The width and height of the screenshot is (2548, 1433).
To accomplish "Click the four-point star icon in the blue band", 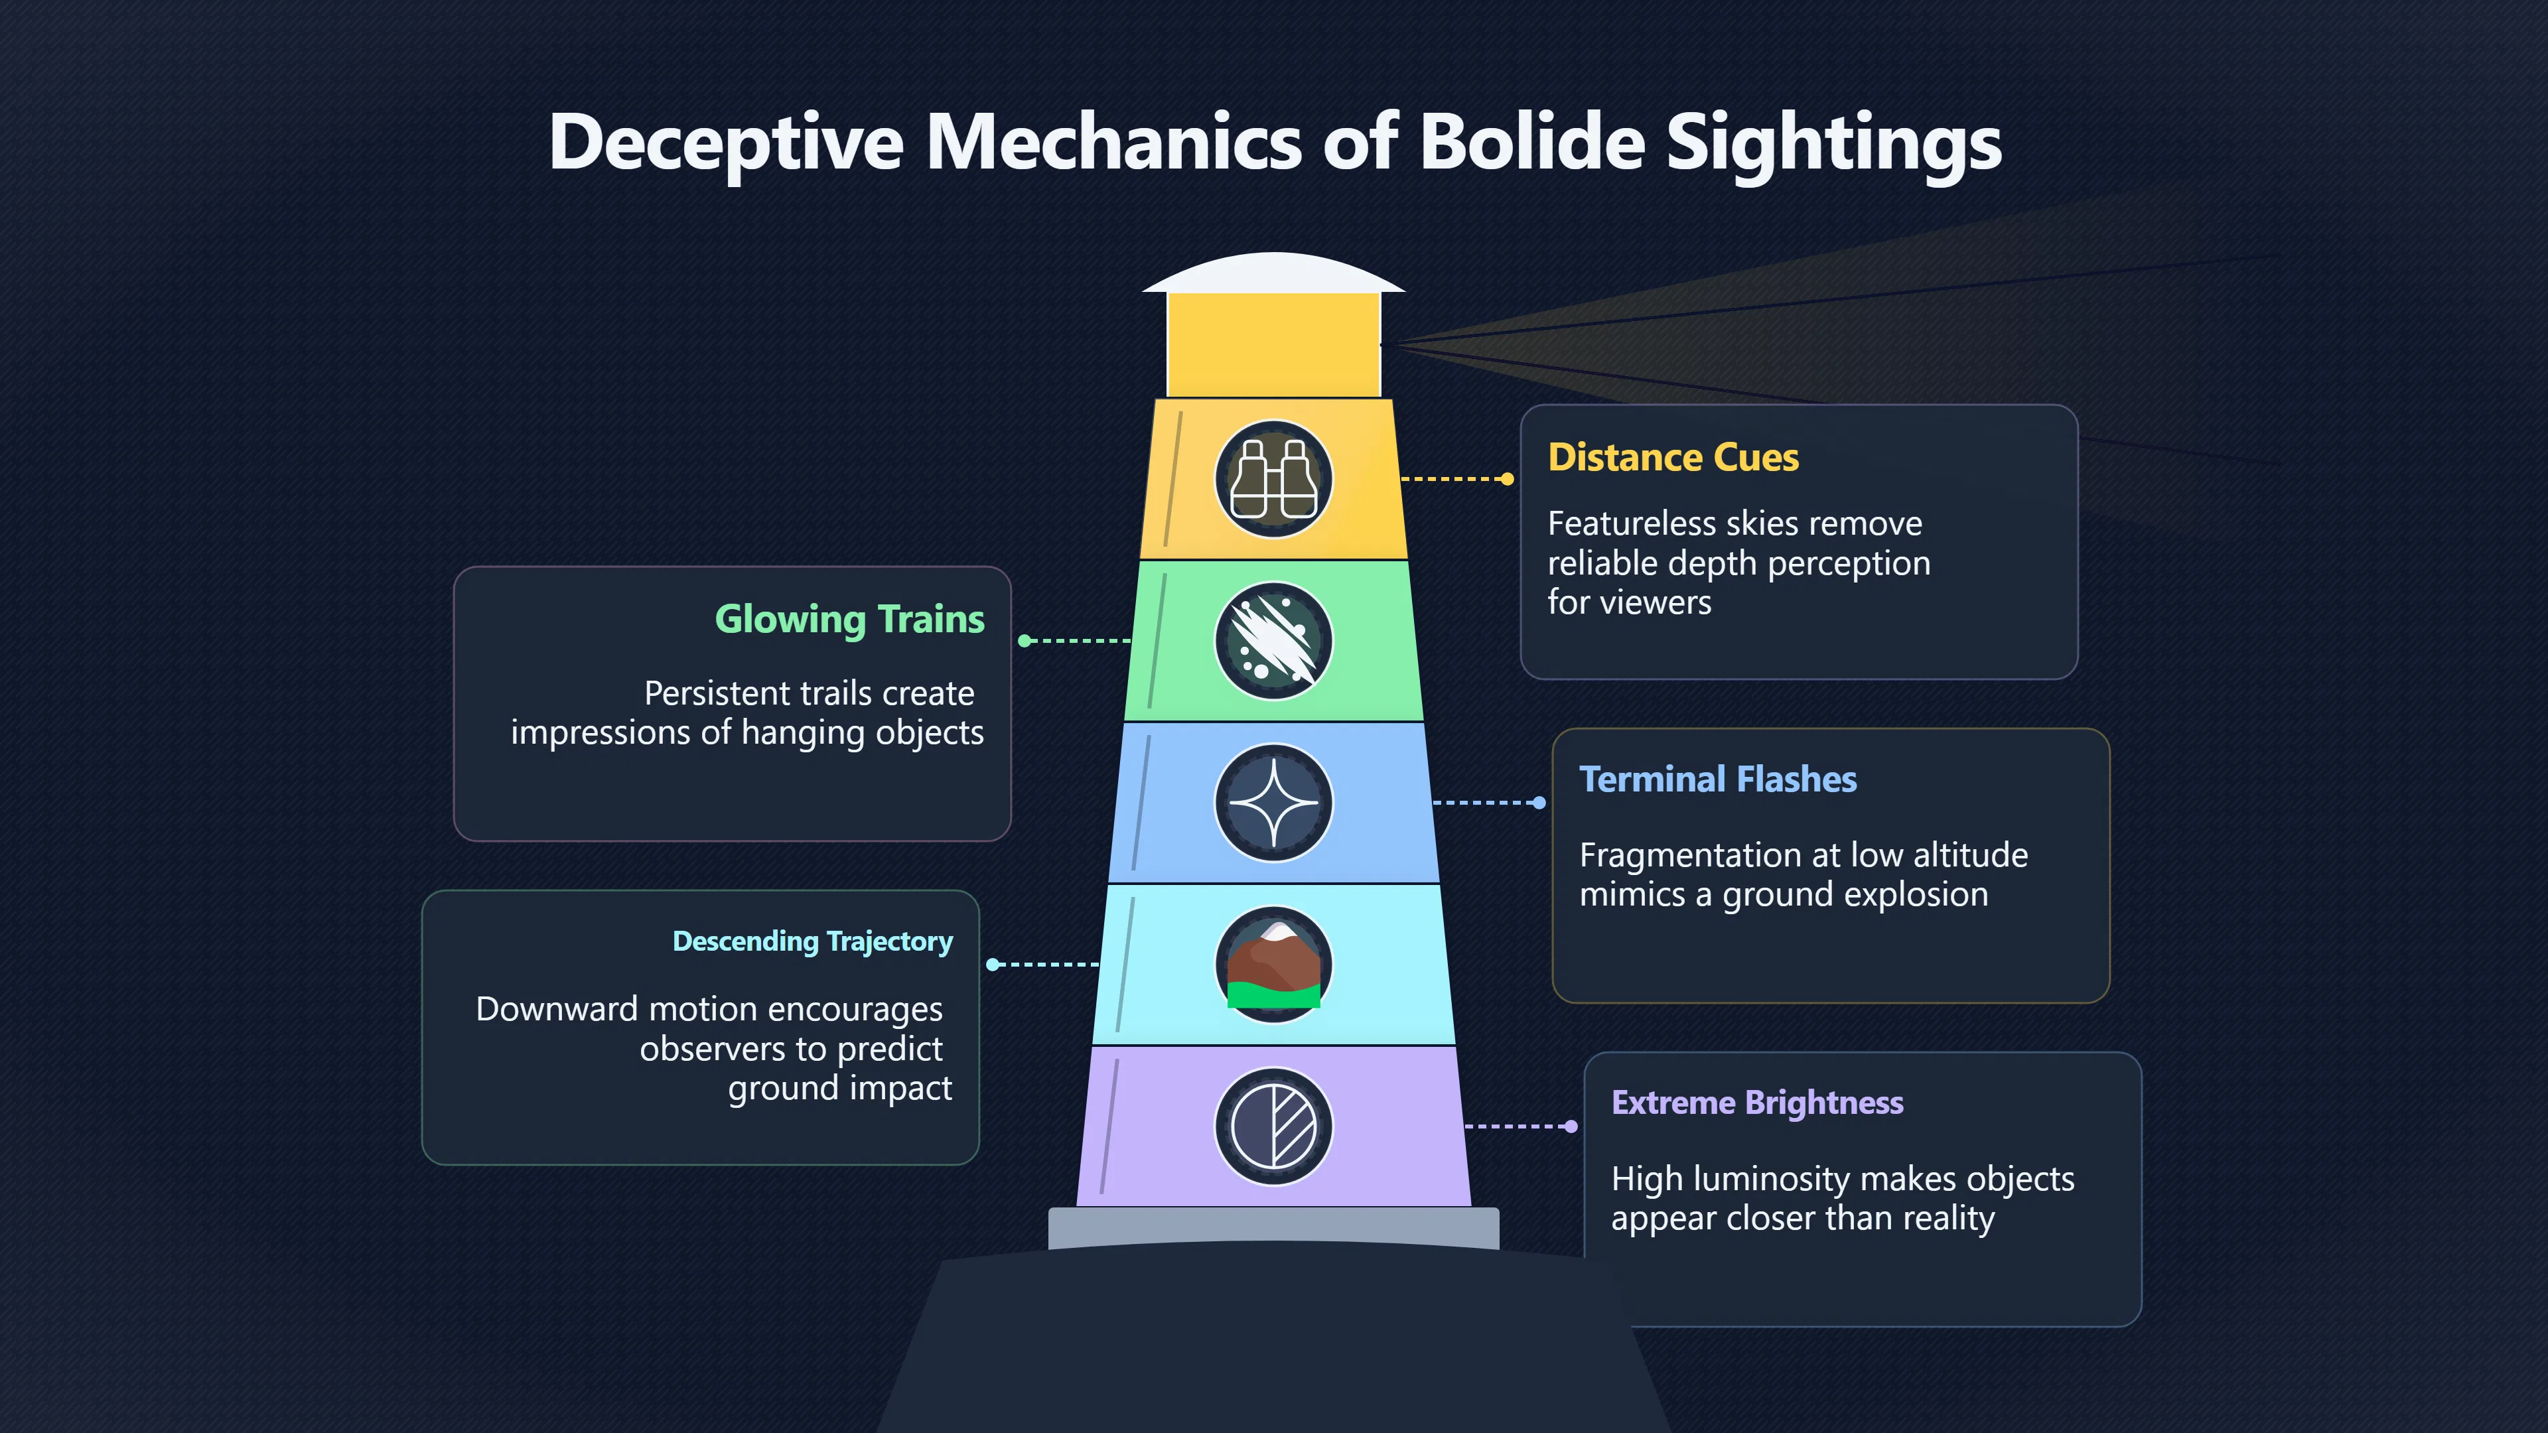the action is point(1273,803).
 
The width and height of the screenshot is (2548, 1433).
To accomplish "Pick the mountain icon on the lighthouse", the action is point(1273,964).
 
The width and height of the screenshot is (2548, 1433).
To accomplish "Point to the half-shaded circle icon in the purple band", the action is point(1273,1126).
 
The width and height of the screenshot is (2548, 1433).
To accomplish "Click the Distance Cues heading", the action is point(1673,458).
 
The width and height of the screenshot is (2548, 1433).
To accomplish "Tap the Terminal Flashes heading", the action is point(1718,780).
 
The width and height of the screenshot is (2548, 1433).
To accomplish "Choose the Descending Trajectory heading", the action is point(813,941).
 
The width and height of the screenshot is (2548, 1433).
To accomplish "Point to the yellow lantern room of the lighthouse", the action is point(1273,345).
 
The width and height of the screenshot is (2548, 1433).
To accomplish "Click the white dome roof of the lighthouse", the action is point(1273,273).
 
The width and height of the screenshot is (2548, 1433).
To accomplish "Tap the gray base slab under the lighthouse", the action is point(1273,1228).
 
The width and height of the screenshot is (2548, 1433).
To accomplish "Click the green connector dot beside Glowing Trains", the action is point(1025,641).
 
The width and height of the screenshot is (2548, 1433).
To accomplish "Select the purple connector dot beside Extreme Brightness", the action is point(1571,1126).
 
